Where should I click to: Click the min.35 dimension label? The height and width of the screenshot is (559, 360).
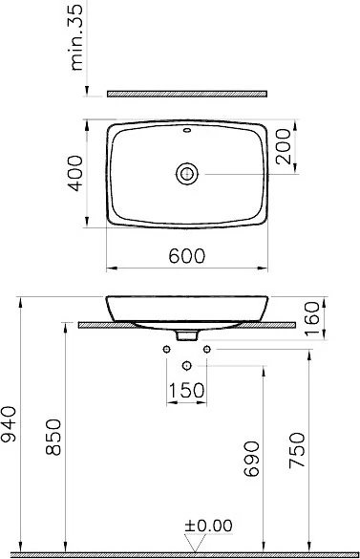point(77,35)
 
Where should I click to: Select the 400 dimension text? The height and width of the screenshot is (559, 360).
point(75,174)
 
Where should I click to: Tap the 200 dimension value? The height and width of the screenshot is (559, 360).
point(284,146)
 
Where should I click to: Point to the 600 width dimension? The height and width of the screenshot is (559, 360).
point(187,256)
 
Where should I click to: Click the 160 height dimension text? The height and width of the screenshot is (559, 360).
point(312,318)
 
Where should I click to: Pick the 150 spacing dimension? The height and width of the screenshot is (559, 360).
point(186,391)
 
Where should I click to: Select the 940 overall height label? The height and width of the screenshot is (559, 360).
point(9,424)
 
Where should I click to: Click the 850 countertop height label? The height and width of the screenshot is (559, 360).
point(53,437)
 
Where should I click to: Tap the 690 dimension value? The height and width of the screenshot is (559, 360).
point(251,459)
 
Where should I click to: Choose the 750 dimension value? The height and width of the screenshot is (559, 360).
point(297,450)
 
